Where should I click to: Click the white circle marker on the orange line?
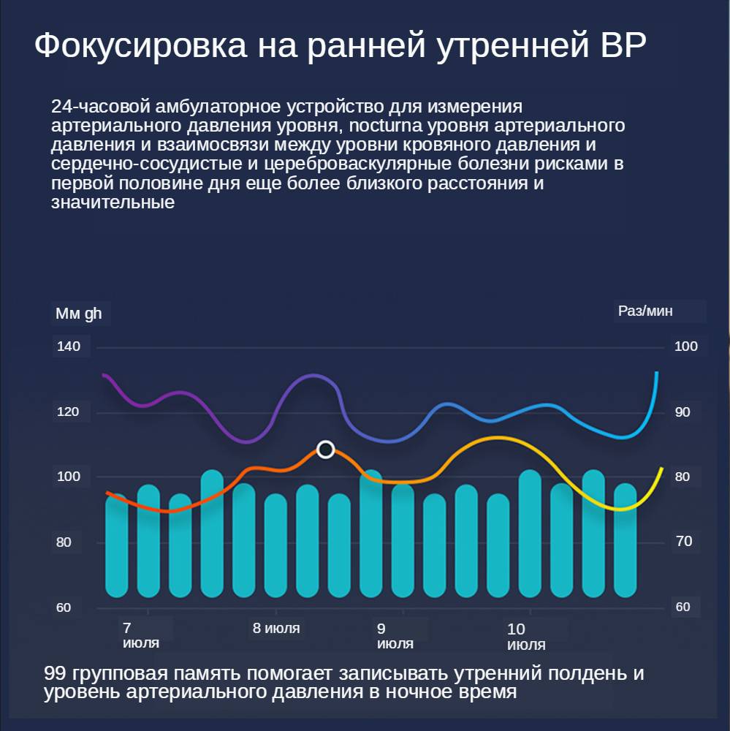(x=326, y=449)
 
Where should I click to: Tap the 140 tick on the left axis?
(x=69, y=346)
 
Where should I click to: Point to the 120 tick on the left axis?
(x=69, y=412)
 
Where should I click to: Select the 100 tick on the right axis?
(x=685, y=346)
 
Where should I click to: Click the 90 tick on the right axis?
(x=683, y=412)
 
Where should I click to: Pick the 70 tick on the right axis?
(x=683, y=542)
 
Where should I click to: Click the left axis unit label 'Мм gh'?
(x=79, y=314)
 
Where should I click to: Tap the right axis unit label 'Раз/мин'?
(x=645, y=311)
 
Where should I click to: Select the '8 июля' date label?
(x=276, y=629)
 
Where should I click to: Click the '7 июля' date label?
(x=140, y=636)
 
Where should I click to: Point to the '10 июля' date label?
(x=526, y=637)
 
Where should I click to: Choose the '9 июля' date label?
(x=395, y=636)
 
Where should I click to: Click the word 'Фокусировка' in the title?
(x=140, y=46)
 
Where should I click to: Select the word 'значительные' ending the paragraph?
(x=113, y=202)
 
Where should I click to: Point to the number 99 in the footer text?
(x=56, y=673)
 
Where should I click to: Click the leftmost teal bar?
(x=116, y=546)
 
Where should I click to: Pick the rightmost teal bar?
(x=625, y=540)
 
